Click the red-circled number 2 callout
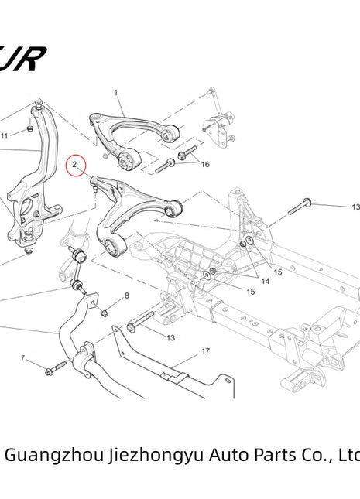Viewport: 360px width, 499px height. point(76,165)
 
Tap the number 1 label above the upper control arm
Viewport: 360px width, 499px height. point(116,93)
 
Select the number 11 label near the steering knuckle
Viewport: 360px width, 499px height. point(4,135)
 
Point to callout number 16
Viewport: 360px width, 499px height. point(205,165)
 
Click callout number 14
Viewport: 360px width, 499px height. point(265,282)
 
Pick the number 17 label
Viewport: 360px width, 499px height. point(205,351)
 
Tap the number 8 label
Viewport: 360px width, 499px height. point(127,296)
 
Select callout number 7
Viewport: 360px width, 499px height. point(23,357)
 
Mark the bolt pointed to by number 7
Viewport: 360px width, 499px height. point(54,370)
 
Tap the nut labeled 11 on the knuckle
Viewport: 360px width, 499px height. point(29,128)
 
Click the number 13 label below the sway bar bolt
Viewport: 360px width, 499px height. point(170,337)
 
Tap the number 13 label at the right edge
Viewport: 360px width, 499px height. point(355,207)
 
